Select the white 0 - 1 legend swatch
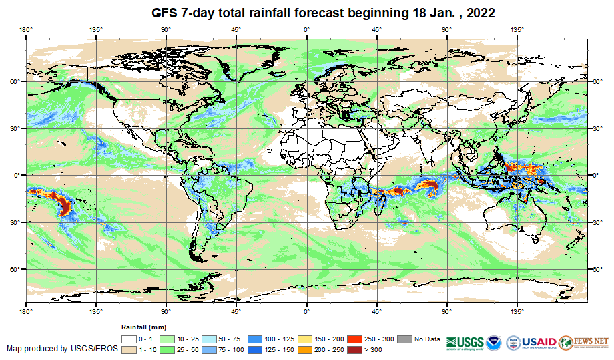tap(129, 338)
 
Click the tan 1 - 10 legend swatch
tap(129, 349)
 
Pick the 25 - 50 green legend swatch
tap(170, 349)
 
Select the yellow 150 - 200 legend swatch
tap(304, 338)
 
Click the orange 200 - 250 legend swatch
tap(304, 349)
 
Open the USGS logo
tap(463, 341)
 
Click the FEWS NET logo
tap(584, 341)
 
